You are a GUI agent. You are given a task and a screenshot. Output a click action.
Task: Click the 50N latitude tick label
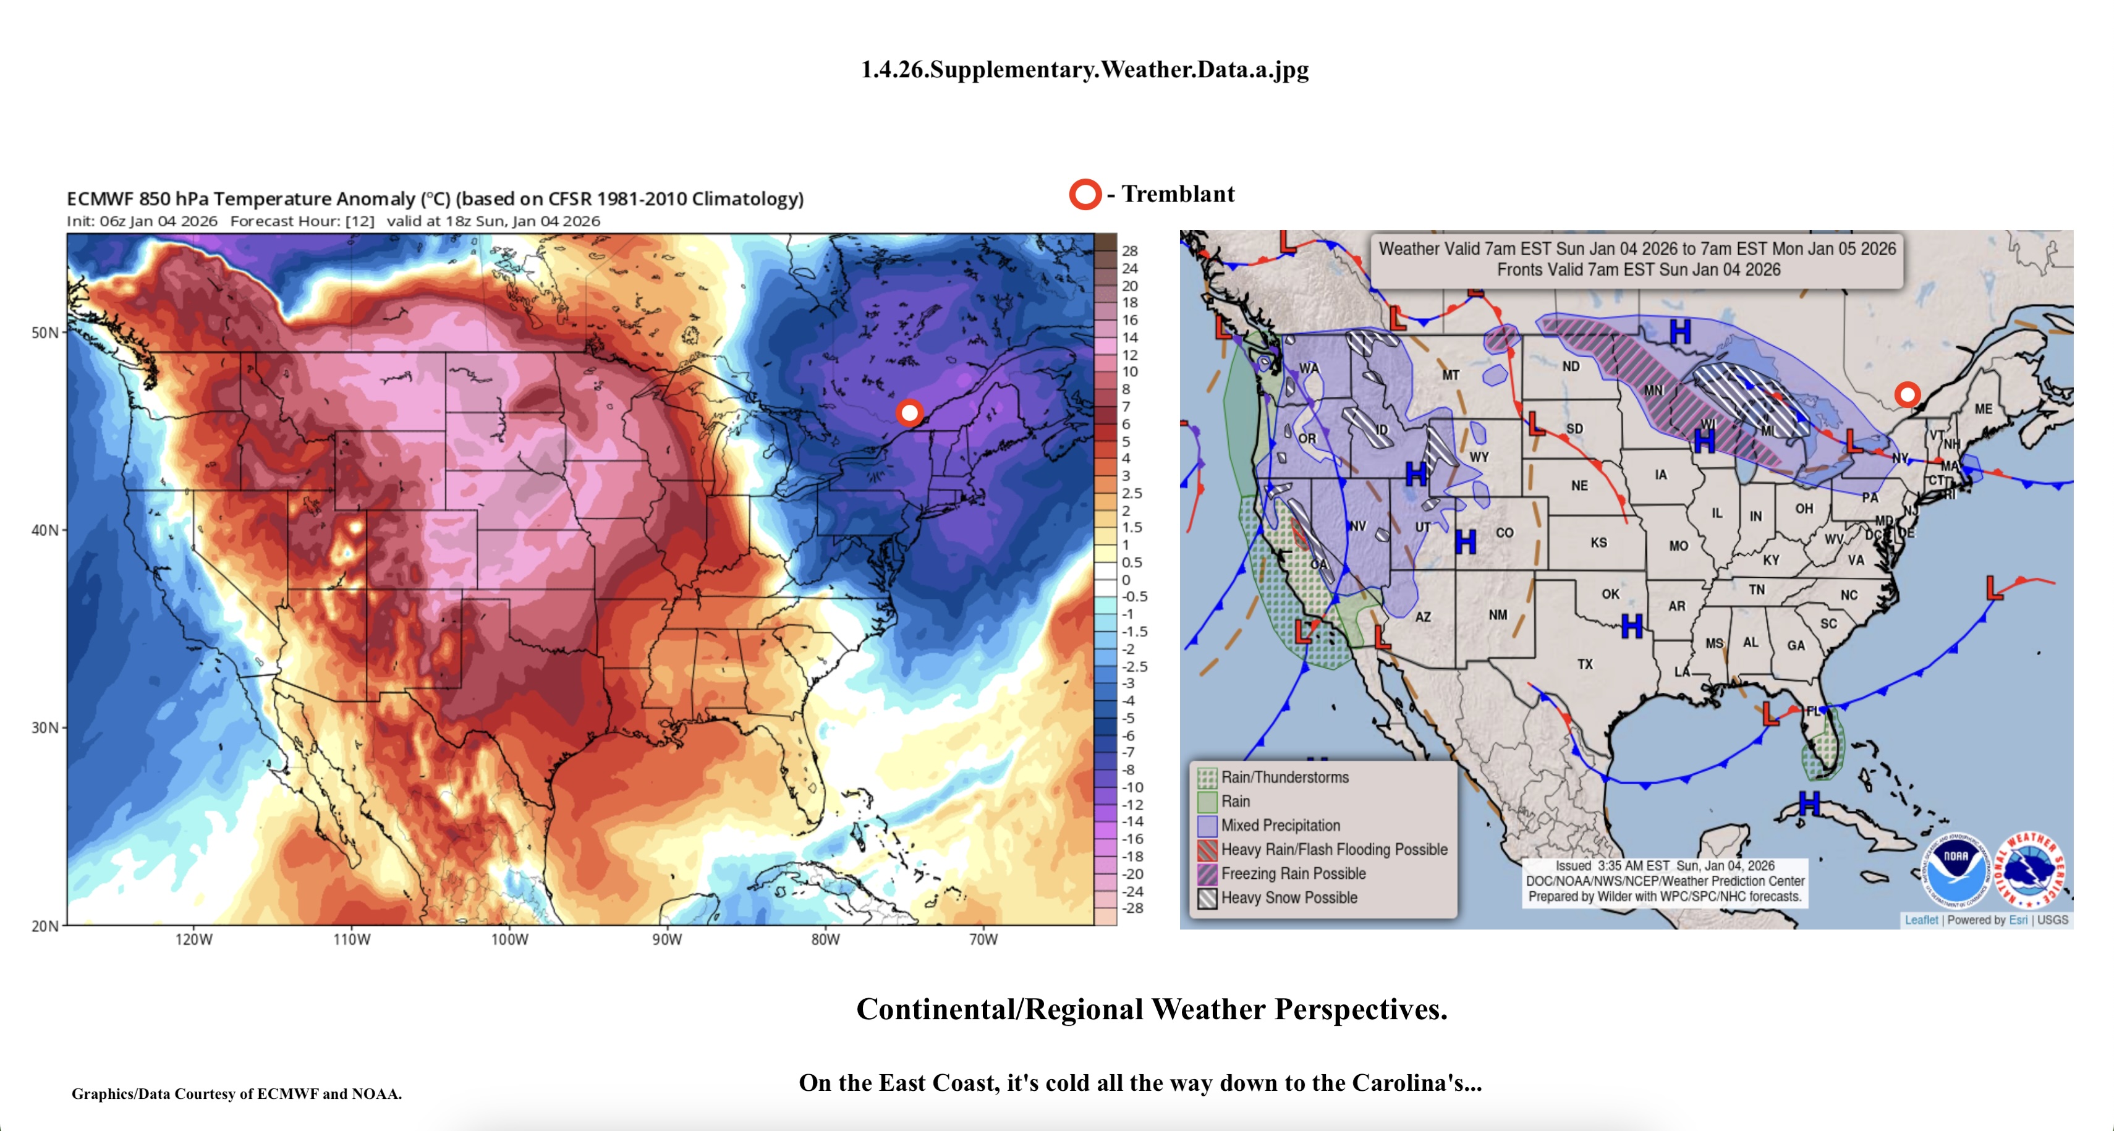click(x=45, y=333)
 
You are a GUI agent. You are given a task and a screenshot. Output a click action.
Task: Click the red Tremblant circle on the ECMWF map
click(x=909, y=412)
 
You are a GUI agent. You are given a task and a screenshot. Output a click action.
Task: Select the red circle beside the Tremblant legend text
click(x=1085, y=195)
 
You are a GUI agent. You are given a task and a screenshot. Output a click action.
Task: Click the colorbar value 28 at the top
click(x=1130, y=251)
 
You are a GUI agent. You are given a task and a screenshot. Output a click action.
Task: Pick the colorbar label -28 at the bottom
click(x=1132, y=908)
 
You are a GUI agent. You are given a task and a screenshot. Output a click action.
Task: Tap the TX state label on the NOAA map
click(x=1585, y=664)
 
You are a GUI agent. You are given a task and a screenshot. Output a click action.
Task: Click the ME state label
click(x=1984, y=409)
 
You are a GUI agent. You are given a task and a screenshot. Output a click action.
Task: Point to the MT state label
click(x=1451, y=375)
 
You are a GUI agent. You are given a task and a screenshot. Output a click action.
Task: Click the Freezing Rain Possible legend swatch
click(x=1207, y=873)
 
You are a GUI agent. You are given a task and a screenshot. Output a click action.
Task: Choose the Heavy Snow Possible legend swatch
click(x=1207, y=898)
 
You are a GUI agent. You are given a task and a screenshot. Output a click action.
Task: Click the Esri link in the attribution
click(x=2018, y=920)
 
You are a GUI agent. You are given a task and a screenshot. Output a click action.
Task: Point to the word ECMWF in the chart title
click(x=100, y=198)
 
